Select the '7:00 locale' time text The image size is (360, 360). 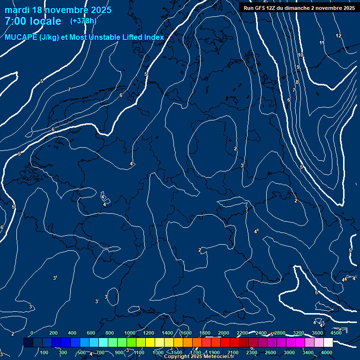coord(33,21)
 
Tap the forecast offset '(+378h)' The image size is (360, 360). coord(83,21)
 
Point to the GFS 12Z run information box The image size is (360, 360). coord(299,7)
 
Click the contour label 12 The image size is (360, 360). coord(338,36)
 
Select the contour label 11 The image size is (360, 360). coord(322,43)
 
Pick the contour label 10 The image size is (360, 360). coord(300,55)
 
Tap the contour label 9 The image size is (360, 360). coord(298,67)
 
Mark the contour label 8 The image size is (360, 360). coord(297,82)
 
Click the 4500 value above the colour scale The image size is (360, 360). coord(336,333)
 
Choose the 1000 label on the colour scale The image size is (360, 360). coord(129,333)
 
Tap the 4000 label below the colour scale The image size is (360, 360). coord(327,352)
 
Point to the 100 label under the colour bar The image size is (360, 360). coord(45,352)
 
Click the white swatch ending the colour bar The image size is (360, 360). coord(328,343)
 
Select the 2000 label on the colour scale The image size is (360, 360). coord(224,333)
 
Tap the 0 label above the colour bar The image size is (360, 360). coord(32,333)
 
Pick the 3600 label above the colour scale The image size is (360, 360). coord(317,333)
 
